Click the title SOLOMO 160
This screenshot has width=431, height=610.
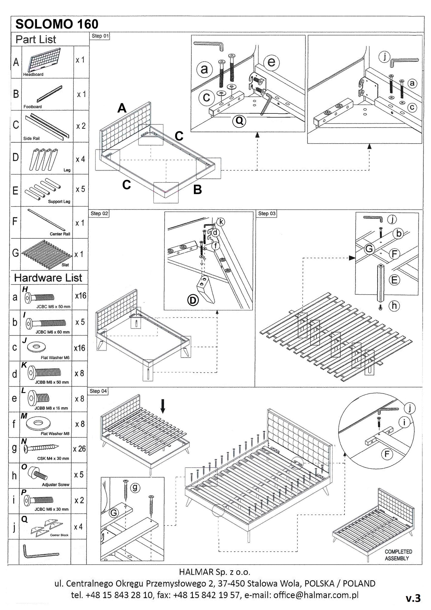(57, 24)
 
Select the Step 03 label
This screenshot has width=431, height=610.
(266, 213)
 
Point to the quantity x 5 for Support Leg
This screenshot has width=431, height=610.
(80, 189)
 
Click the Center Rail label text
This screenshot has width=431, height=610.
(60, 234)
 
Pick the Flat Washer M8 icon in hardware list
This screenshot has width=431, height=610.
(38, 423)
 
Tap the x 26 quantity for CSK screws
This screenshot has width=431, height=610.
(79, 449)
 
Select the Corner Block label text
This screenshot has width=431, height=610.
(59, 535)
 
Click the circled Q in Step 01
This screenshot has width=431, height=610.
(239, 121)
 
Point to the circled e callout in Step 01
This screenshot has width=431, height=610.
(271, 62)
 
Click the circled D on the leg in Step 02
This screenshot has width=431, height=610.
(193, 300)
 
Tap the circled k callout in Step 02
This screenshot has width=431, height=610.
(221, 222)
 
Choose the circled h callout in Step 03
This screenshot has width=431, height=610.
(394, 305)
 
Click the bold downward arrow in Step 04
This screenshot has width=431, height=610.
(163, 406)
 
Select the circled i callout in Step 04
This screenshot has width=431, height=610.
(404, 422)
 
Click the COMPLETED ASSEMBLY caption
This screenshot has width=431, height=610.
(398, 555)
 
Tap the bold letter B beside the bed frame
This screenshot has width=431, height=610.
(197, 190)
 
